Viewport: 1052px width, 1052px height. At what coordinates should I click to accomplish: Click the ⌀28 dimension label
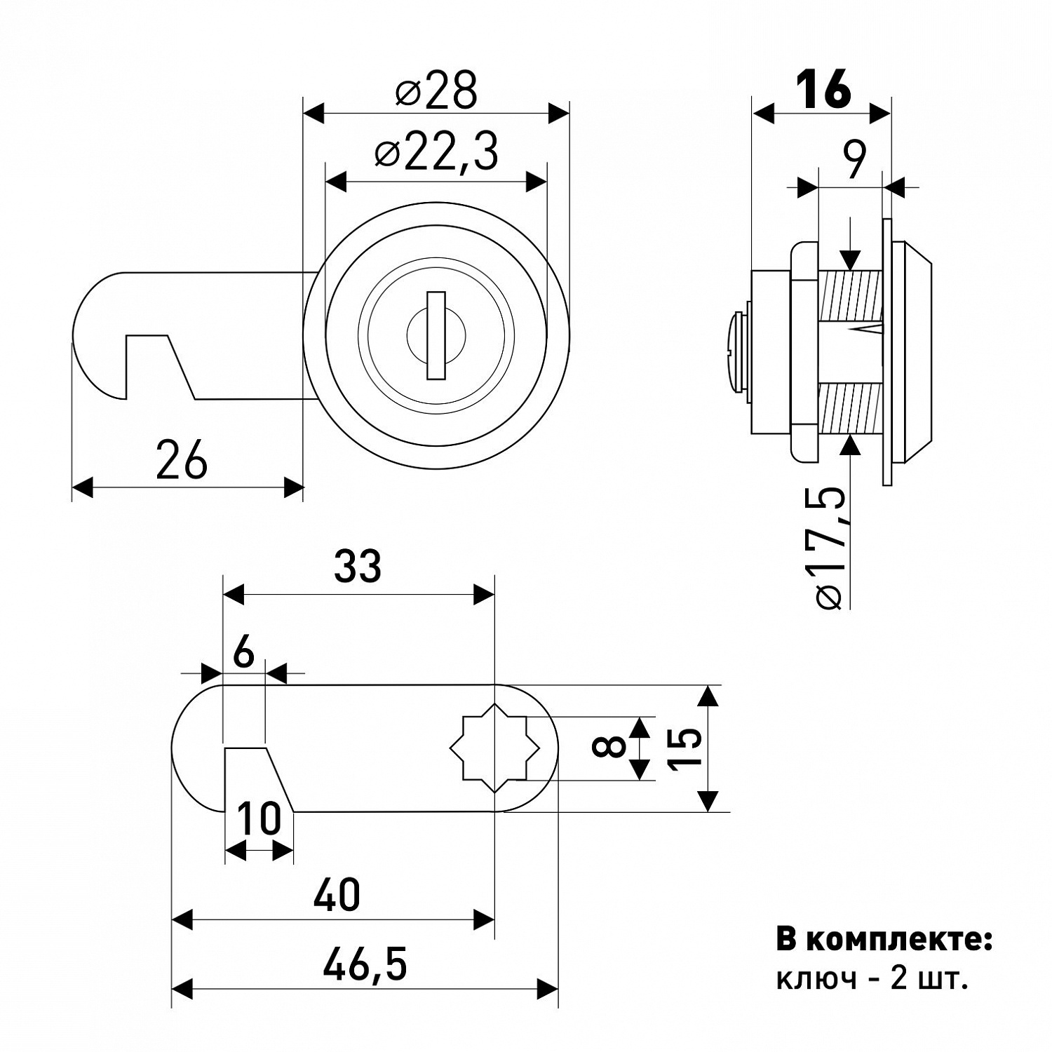[x=436, y=90]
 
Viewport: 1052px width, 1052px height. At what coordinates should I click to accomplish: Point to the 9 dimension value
[x=852, y=160]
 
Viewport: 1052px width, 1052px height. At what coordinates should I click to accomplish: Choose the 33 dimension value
[x=358, y=566]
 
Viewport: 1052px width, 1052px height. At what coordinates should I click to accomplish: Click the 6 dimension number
[x=243, y=654]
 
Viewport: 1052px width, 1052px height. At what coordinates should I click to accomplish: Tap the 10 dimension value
[x=258, y=818]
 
